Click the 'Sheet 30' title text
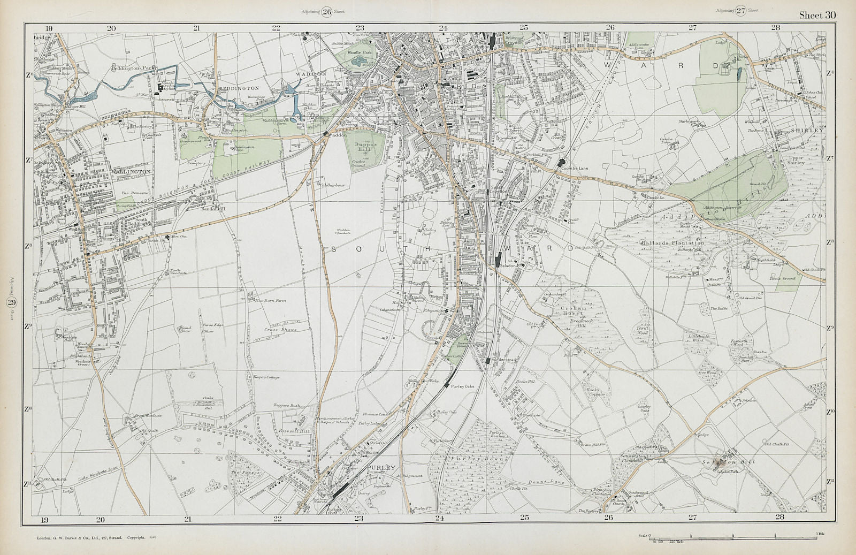817,15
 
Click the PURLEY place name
381,467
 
